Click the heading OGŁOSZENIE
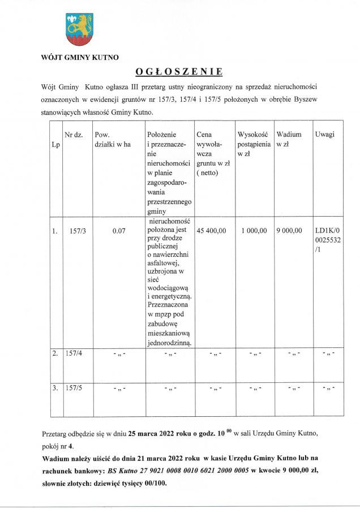[x=179, y=72]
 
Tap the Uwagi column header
[x=324, y=135]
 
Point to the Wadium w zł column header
[x=289, y=139]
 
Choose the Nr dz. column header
[x=74, y=135]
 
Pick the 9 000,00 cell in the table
[x=289, y=231]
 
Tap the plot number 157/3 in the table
[x=75, y=231]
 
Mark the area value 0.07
[x=118, y=231]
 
